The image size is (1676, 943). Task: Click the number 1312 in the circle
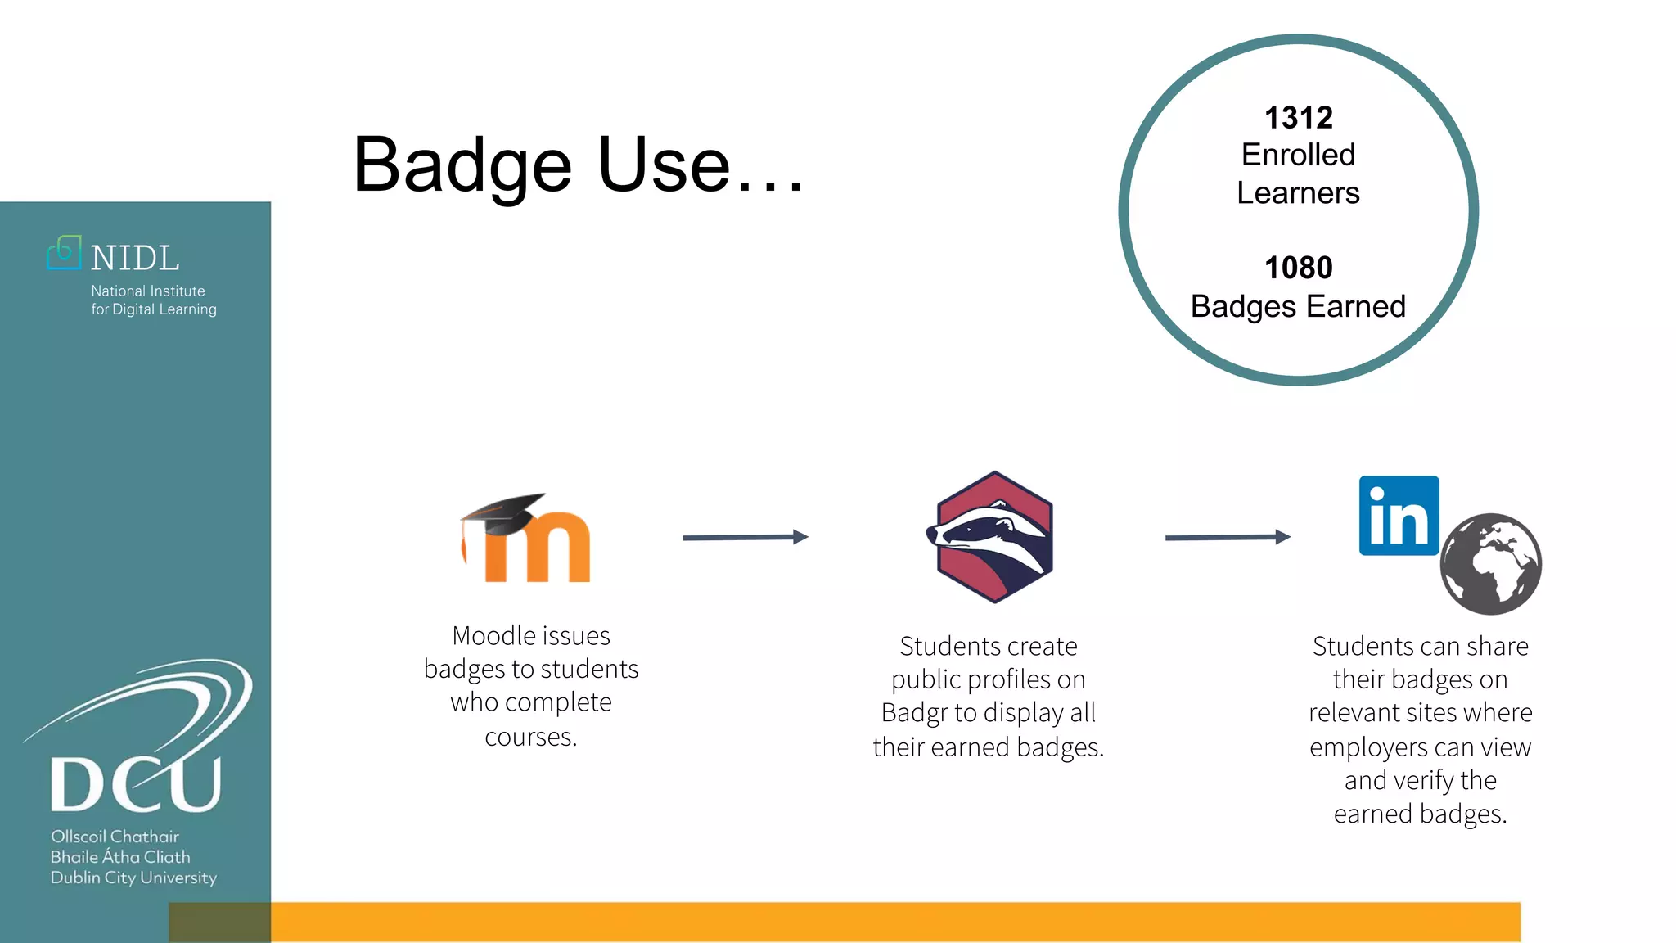(x=1298, y=118)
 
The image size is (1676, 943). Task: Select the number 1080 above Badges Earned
(x=1298, y=268)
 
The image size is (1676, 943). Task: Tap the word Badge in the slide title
(x=462, y=166)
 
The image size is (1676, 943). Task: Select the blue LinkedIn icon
(x=1399, y=516)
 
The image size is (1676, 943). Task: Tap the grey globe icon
(x=1490, y=564)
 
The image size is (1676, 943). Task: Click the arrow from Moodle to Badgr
(x=745, y=537)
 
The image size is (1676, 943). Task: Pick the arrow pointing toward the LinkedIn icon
(x=1228, y=537)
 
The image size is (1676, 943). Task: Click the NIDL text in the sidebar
(x=135, y=259)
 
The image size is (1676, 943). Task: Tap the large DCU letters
(x=136, y=783)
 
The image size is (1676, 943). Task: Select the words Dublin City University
(x=133, y=878)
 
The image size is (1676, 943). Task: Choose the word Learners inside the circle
(x=1298, y=193)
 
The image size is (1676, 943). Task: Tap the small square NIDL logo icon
(x=65, y=253)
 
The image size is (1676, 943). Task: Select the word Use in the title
(x=664, y=166)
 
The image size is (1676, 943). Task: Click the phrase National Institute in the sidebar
(x=148, y=291)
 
